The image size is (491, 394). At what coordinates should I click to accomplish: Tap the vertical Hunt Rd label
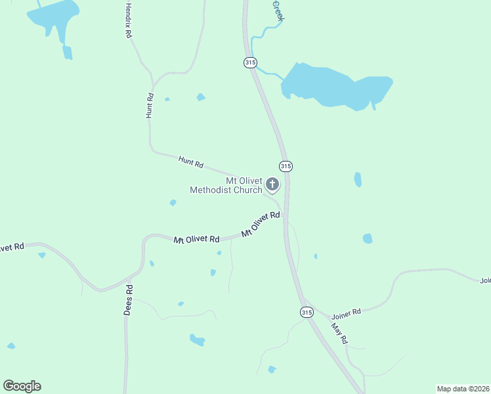pos(150,106)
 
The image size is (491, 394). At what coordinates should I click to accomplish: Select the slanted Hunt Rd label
pos(190,161)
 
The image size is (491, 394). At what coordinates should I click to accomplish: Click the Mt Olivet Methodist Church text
pos(225,185)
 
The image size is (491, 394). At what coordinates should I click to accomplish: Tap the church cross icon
pos(272,185)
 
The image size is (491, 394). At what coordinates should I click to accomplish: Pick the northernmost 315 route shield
pos(249,62)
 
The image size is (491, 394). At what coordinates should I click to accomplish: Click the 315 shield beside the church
pos(285,166)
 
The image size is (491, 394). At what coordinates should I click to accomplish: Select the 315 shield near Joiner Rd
pos(307,313)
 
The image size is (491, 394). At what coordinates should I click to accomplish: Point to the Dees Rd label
pos(129,300)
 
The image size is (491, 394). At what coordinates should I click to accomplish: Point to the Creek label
pos(278,11)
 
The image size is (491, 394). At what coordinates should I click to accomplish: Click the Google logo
pos(22,385)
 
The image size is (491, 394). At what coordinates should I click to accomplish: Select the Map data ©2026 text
pos(463,388)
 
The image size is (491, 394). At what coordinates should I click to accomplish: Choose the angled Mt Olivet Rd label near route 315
pos(261,224)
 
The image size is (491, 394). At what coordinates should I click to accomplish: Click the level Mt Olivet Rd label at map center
pos(196,240)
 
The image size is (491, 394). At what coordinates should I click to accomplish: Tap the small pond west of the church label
pos(173,203)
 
